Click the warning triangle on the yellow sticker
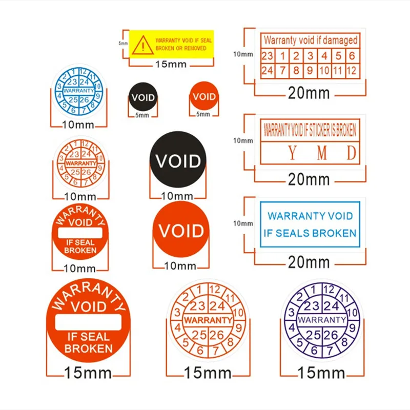139,45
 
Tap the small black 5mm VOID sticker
143,97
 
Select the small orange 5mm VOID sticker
204,96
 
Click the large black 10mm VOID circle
178,161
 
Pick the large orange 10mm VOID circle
181,231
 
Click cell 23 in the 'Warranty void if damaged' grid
268,56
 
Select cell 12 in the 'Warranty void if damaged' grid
351,71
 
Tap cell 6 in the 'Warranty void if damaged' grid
351,56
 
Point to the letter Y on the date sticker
292,153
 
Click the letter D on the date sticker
351,153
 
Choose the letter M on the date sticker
322,153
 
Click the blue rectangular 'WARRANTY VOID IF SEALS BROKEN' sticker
310,224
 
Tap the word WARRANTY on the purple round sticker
322,320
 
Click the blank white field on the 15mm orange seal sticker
88,321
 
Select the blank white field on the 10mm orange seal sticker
80,232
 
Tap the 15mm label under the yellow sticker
171,65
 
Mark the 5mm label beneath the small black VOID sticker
141,115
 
